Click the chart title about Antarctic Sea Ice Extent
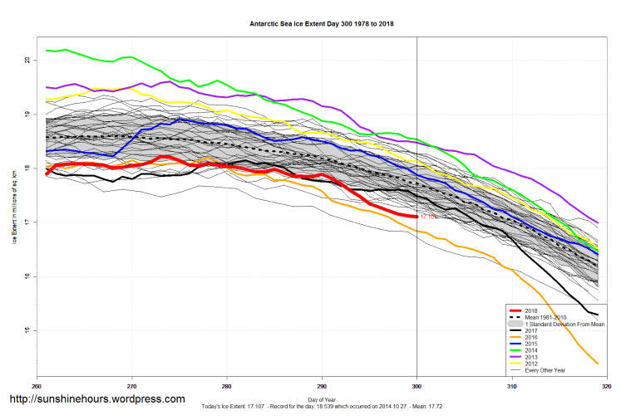click(322, 24)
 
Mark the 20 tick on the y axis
click(27, 61)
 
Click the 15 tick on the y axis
click(27, 330)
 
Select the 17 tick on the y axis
click(27, 222)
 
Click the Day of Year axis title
click(322, 400)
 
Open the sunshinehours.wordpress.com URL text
click(97, 399)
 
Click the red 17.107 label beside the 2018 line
click(428, 217)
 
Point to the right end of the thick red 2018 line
click(417, 217)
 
